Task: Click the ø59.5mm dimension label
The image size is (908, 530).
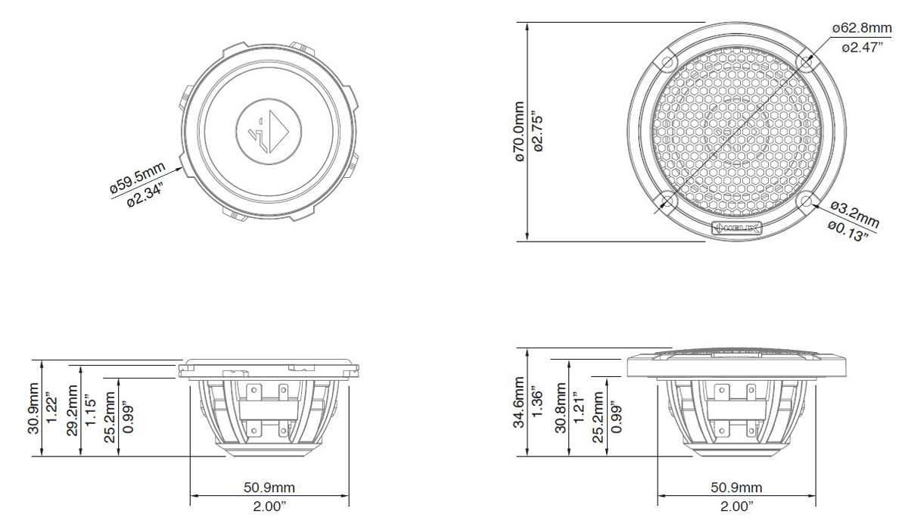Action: pyautogui.click(x=138, y=177)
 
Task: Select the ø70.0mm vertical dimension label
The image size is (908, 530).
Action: pyautogui.click(x=520, y=132)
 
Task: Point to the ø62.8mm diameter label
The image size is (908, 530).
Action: pyautogui.click(x=862, y=28)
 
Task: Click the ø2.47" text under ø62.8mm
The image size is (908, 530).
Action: pyautogui.click(x=862, y=48)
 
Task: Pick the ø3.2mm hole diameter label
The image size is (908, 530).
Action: pyautogui.click(x=854, y=214)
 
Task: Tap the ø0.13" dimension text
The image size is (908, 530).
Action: pyautogui.click(x=848, y=231)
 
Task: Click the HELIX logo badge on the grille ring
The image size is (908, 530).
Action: pyautogui.click(x=737, y=229)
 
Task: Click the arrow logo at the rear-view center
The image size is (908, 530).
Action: pyautogui.click(x=269, y=132)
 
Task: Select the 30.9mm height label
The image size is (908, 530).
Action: pyautogui.click(x=33, y=408)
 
